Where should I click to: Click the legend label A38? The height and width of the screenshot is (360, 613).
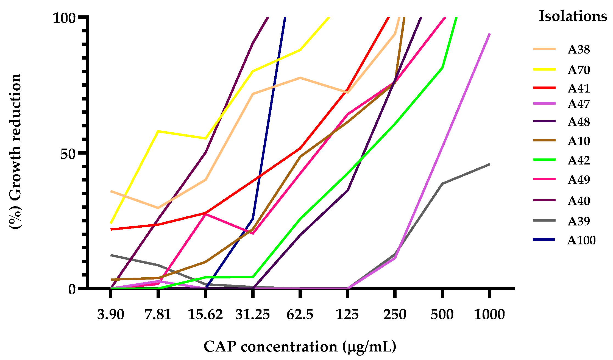(x=579, y=50)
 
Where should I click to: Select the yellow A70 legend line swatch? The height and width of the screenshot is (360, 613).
(x=544, y=69)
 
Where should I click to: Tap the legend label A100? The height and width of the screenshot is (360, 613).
(x=581, y=241)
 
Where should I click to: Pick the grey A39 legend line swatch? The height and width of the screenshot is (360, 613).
(x=544, y=221)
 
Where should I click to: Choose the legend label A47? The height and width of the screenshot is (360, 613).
(x=579, y=104)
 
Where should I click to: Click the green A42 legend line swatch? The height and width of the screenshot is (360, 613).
(x=544, y=160)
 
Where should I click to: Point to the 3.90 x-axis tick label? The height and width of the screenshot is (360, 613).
(x=111, y=314)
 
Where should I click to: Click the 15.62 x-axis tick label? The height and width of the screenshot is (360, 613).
(x=205, y=314)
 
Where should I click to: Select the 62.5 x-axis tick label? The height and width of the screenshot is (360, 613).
(x=300, y=314)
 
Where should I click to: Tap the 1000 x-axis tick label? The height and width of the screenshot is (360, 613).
(x=489, y=314)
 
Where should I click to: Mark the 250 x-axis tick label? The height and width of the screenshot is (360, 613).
(x=395, y=314)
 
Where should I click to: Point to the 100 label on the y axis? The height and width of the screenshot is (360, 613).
(x=64, y=18)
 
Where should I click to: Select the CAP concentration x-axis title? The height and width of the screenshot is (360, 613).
(x=300, y=347)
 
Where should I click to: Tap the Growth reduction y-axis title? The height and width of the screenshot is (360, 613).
(x=15, y=151)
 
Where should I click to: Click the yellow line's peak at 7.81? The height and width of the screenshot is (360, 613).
(x=158, y=131)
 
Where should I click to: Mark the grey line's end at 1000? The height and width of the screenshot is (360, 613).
(x=489, y=164)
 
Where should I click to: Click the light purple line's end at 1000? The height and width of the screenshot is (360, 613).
(x=489, y=34)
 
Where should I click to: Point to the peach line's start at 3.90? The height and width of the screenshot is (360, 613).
(x=111, y=191)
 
